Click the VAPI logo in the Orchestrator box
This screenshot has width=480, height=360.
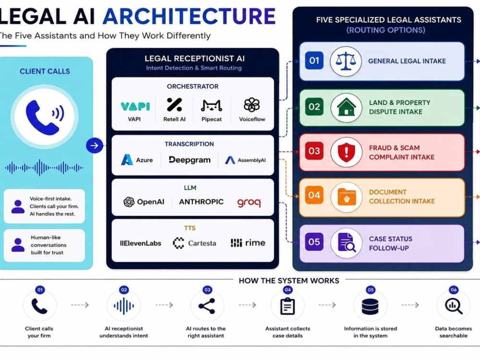(x=135, y=106)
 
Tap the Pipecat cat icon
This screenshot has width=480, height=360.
(x=211, y=106)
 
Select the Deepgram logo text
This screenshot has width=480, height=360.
(x=190, y=160)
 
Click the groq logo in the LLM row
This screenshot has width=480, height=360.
(x=249, y=203)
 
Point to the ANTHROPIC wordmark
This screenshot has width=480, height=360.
(x=201, y=202)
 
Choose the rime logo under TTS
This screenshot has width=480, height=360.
(x=248, y=243)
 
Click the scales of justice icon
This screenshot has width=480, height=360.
(x=346, y=60)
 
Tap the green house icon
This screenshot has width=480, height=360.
(x=346, y=107)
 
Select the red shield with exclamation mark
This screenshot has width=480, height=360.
(x=346, y=152)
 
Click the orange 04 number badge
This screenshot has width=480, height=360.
(x=314, y=195)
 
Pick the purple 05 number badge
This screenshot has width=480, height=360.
(x=314, y=242)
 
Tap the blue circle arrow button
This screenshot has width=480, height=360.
(x=94, y=145)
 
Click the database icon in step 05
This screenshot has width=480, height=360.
(x=370, y=306)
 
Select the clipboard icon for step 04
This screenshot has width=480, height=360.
(x=288, y=306)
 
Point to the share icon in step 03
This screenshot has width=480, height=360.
(x=207, y=306)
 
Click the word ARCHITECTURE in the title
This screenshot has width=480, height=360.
(x=189, y=16)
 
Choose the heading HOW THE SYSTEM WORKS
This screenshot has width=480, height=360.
(x=289, y=281)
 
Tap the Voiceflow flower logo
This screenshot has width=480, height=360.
(x=252, y=105)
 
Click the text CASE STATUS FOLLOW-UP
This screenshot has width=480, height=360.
(x=391, y=243)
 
